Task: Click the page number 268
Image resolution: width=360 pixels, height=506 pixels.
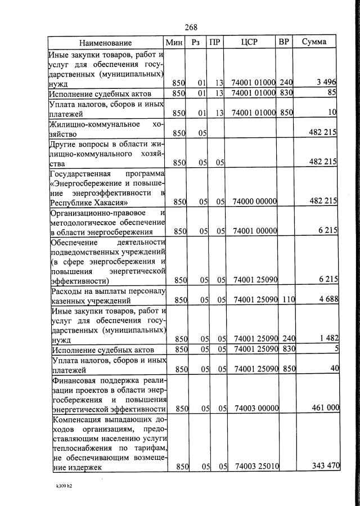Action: [191, 27]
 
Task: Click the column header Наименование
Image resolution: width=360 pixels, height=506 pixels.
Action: [105, 43]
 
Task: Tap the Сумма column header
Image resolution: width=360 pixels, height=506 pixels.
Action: [314, 43]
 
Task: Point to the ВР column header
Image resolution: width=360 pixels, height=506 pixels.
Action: [284, 43]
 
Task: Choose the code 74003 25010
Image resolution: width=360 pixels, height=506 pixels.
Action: [256, 466]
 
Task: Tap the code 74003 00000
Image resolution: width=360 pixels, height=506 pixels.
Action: [256, 408]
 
